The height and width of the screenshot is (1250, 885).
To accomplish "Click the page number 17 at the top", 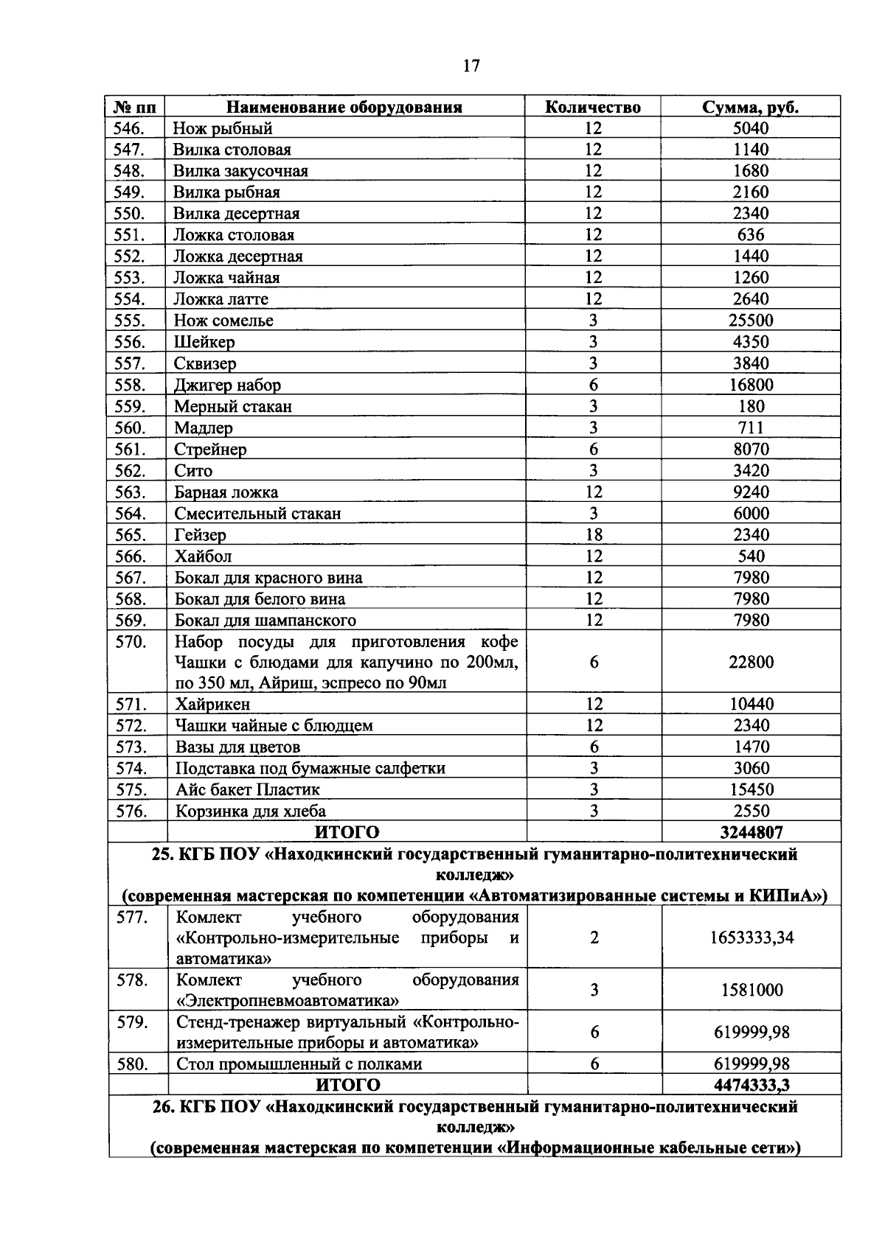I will [x=471, y=66].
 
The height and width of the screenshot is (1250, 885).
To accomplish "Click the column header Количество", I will [x=592, y=107].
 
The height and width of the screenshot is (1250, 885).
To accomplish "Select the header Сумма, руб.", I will [x=750, y=107].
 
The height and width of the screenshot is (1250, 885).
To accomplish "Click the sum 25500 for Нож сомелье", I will [x=751, y=321].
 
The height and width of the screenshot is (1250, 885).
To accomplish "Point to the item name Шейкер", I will [x=204, y=342].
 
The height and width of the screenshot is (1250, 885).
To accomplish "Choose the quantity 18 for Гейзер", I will [x=593, y=534].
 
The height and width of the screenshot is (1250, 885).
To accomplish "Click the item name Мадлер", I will [x=204, y=427].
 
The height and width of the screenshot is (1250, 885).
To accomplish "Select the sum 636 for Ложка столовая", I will [x=751, y=235].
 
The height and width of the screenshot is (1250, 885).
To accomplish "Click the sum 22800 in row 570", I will [x=751, y=662].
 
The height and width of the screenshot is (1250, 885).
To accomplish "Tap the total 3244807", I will [x=751, y=832].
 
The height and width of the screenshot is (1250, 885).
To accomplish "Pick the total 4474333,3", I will [x=751, y=1085].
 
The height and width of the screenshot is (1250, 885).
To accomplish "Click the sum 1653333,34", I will [x=751, y=937].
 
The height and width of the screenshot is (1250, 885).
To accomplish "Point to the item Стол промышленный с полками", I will [x=299, y=1064].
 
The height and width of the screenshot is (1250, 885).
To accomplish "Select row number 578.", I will [x=133, y=980].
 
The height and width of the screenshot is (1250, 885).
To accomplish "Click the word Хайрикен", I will [x=212, y=704].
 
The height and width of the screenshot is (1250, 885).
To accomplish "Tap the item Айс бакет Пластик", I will [x=248, y=789].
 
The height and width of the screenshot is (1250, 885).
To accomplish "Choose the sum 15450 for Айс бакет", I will [x=751, y=789].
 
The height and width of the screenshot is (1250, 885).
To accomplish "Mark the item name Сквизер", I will [x=205, y=363].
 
